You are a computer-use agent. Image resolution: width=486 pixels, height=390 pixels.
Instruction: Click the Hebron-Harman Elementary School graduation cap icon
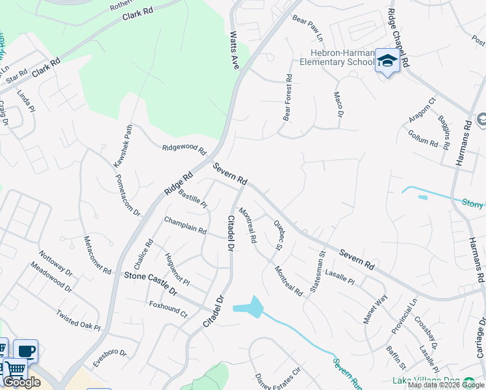pos(387,60)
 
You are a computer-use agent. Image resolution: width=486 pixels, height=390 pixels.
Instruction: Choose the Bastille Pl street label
pos(192,200)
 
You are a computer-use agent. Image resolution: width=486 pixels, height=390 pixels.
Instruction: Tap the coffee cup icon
pos(26,351)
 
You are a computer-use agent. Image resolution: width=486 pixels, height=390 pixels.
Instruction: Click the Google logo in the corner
pos(22,383)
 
